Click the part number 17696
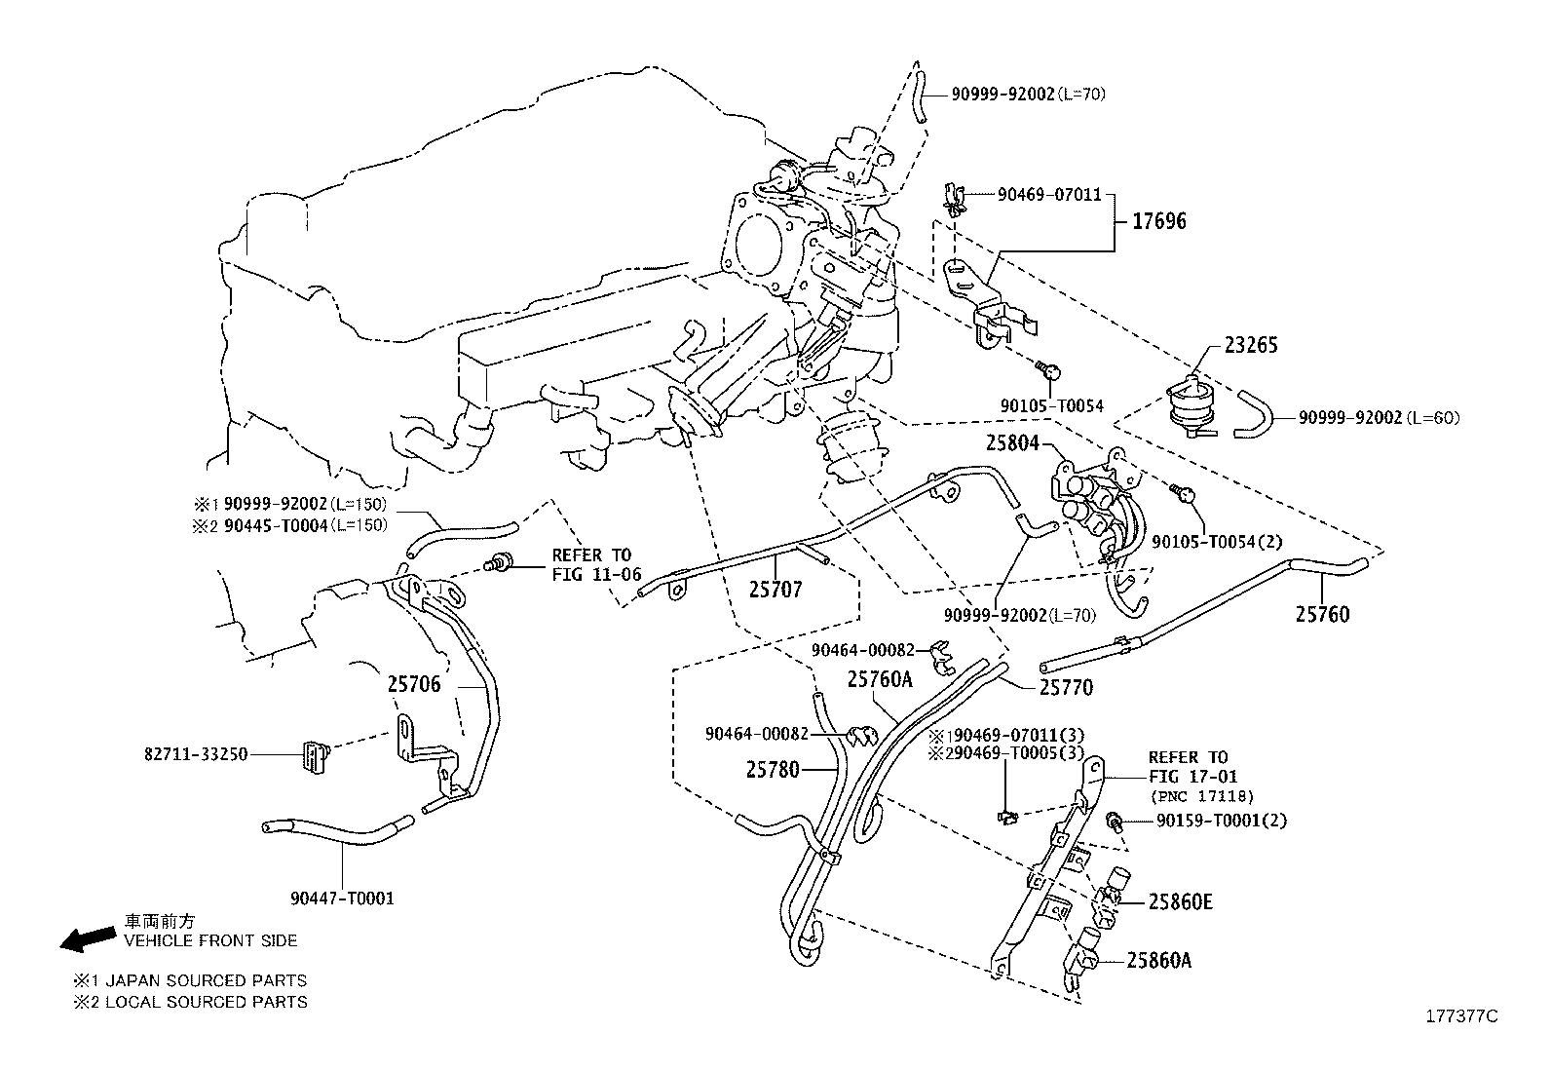point(1158,221)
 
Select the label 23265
point(1251,345)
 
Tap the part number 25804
point(1013,443)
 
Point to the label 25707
point(775,589)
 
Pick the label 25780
point(773,770)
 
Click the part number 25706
point(414,684)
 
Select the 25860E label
point(1180,901)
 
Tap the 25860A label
point(1158,960)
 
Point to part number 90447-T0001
point(342,898)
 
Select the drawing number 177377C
point(1459,1015)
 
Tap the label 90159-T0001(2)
point(1221,821)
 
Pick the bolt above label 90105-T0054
point(1049,369)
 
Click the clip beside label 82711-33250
point(313,755)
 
